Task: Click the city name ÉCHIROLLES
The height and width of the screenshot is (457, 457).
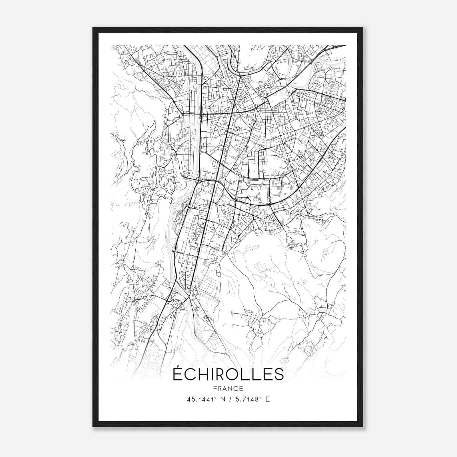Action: (x=228, y=374)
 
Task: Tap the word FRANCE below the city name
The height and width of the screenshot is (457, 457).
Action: (x=228, y=388)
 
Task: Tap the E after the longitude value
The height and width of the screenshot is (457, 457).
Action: (x=268, y=399)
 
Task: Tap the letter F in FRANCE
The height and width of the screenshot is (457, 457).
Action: (x=214, y=388)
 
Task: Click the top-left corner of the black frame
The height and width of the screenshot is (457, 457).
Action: (x=93, y=28)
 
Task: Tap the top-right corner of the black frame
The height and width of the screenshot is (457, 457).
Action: (x=362, y=28)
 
